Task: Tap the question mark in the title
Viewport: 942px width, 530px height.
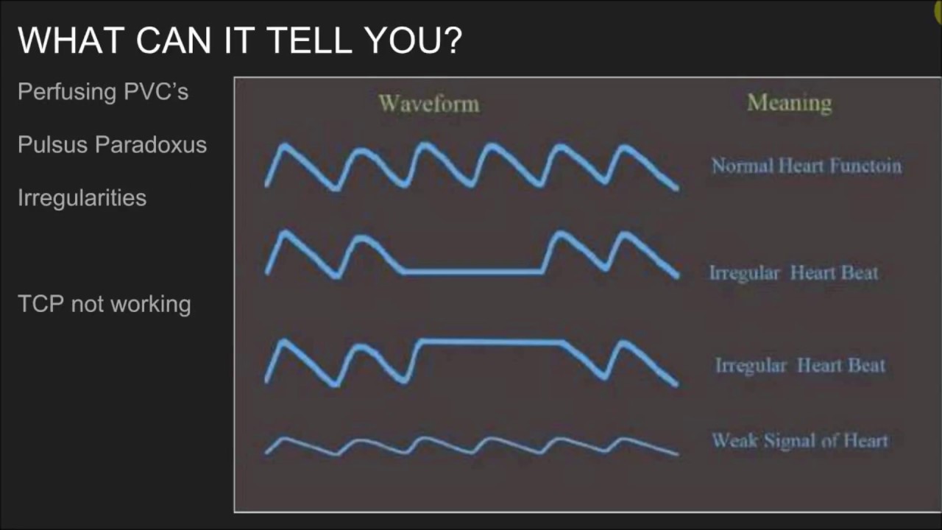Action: click(452, 40)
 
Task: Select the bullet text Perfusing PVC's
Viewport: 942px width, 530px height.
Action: click(103, 91)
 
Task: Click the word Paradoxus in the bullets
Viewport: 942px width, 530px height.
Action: click(151, 144)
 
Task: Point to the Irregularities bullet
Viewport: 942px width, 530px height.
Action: click(82, 198)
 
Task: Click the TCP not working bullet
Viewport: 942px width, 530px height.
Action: click(105, 304)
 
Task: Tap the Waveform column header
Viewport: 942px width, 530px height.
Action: click(428, 104)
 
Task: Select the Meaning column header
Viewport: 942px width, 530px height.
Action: click(790, 103)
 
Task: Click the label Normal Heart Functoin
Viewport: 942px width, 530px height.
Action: click(806, 166)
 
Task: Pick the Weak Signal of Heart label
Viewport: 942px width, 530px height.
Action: click(800, 440)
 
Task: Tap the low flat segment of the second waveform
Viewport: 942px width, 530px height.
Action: click(472, 272)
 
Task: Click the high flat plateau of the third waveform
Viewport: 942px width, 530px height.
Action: click(491, 342)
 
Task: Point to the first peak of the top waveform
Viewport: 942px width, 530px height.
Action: click(285, 146)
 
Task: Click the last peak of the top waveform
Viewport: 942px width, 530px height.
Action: click(623, 148)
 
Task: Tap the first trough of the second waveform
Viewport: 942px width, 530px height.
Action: click(336, 276)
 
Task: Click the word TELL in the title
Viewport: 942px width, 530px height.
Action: click(309, 40)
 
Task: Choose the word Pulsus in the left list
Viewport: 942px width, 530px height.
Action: click(53, 144)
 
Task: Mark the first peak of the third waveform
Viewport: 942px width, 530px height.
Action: click(284, 342)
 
